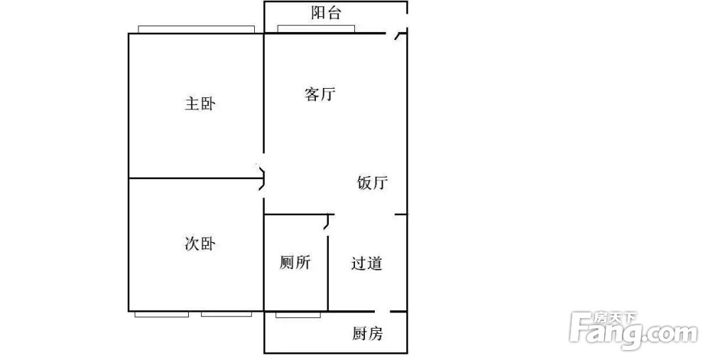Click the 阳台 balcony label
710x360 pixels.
[326, 13]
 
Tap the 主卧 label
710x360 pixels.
[200, 104]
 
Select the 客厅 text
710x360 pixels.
[319, 94]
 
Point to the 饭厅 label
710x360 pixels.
[372, 183]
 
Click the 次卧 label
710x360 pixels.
[200, 244]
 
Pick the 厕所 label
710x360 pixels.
[295, 262]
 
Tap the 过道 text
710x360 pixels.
[366, 263]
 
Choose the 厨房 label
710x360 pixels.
[367, 334]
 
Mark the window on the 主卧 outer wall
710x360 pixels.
[196, 29]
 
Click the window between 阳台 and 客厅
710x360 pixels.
[316, 29]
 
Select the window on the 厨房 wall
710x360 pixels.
[298, 315]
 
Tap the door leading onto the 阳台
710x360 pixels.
[399, 34]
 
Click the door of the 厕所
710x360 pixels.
[329, 223]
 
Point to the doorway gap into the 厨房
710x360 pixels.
[382, 312]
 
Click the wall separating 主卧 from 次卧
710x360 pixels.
[196, 178]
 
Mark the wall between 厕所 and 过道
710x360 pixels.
[328, 272]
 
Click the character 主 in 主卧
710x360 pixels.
[192, 104]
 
